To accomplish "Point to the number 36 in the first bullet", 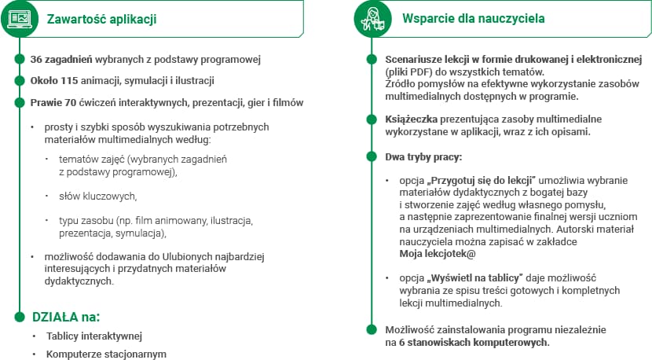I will [x=36, y=60].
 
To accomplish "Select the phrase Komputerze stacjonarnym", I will [x=106, y=354].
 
